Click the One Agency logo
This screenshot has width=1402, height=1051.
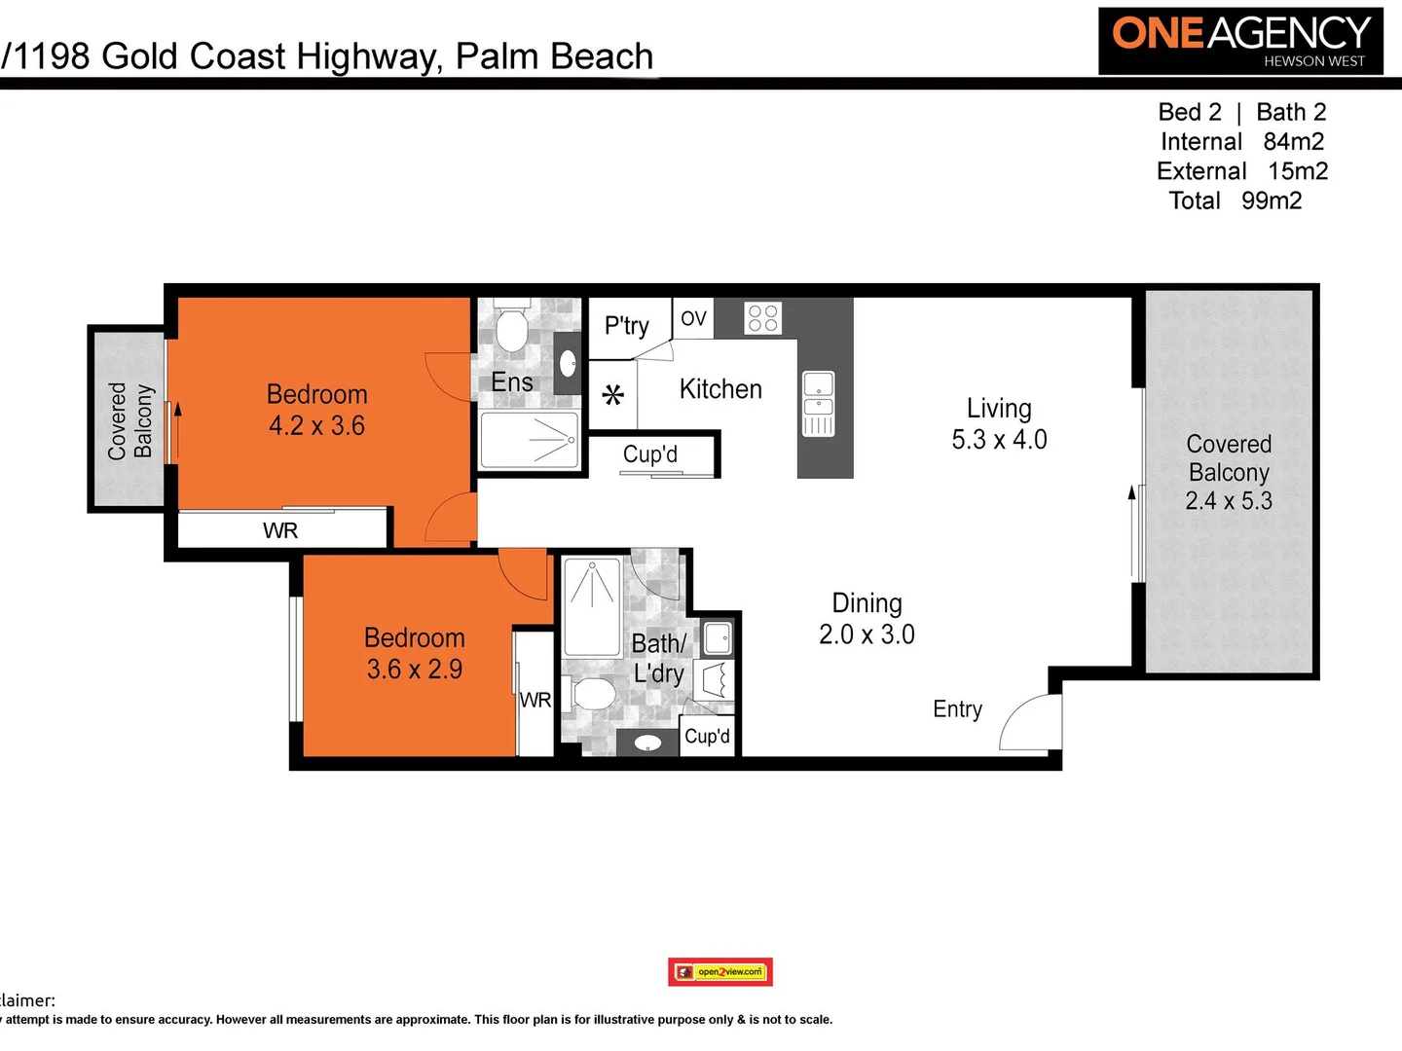pyautogui.click(x=1240, y=41)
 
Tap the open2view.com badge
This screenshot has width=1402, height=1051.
pyautogui.click(x=720, y=971)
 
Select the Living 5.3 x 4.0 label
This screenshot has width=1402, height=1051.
pyautogui.click(x=999, y=424)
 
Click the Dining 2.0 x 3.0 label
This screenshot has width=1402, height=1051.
pyautogui.click(x=867, y=619)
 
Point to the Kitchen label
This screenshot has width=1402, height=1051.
pyautogui.click(x=720, y=389)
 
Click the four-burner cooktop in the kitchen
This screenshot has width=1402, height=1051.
pyautogui.click(x=762, y=318)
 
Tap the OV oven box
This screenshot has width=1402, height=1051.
pyautogui.click(x=693, y=319)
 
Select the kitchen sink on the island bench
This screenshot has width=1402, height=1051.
pyautogui.click(x=818, y=403)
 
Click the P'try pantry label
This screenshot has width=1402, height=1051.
pyautogui.click(x=626, y=326)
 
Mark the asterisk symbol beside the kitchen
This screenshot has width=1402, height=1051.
pyautogui.click(x=612, y=395)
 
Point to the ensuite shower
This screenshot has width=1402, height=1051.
pyautogui.click(x=530, y=441)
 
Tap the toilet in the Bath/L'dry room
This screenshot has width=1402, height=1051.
pyautogui.click(x=591, y=695)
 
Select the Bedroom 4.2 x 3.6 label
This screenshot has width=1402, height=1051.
pyautogui.click(x=317, y=410)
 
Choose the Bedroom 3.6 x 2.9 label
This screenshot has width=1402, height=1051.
pyautogui.click(x=415, y=653)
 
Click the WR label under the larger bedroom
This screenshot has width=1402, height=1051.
pyautogui.click(x=280, y=530)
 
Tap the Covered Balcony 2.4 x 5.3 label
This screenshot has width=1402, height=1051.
pyautogui.click(x=1229, y=472)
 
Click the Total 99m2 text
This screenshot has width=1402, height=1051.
pyautogui.click(x=1235, y=200)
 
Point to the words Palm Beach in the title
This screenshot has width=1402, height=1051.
pyautogui.click(x=554, y=56)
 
